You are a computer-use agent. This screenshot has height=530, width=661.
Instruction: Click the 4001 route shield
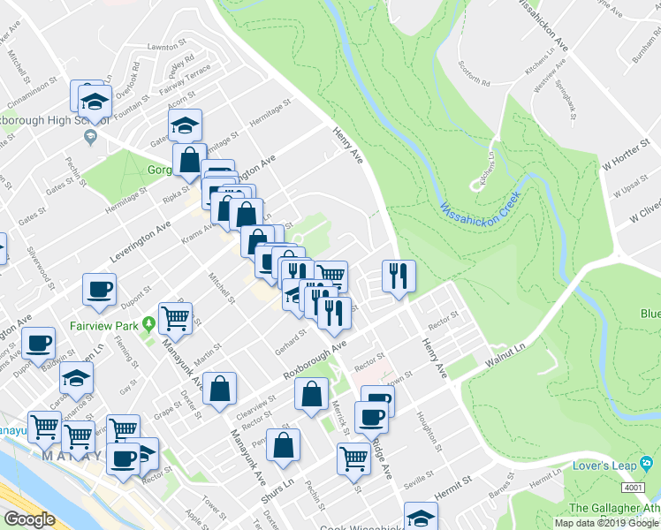[632, 487]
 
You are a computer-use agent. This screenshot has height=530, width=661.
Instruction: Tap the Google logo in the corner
[28, 519]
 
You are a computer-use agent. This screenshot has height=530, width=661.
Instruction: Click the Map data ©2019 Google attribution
[606, 523]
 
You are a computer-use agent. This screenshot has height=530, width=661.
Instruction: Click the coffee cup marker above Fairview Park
[99, 289]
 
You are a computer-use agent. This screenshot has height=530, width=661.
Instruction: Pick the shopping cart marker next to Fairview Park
[176, 316]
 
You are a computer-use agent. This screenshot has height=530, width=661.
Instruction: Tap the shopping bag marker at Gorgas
[189, 160]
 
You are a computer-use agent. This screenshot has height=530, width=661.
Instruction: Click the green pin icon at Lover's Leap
[648, 464]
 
